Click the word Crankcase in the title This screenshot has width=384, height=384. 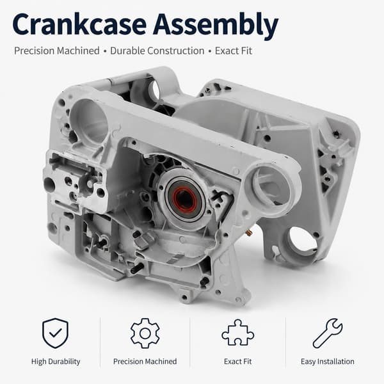[79, 24]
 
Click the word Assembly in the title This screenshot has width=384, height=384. [216, 26]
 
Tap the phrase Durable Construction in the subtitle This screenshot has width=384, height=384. [157, 51]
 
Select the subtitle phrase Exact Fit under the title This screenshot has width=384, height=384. [234, 51]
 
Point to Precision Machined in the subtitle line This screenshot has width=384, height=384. [57, 51]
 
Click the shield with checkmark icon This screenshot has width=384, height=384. [56, 333]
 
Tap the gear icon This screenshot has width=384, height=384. [145, 333]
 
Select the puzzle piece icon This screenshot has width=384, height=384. [238, 333]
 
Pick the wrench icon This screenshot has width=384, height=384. [328, 333]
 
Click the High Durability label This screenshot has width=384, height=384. [56, 362]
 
